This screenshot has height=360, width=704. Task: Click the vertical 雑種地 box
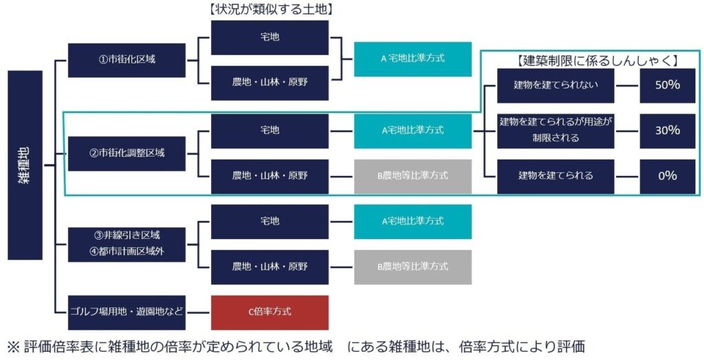(x=25, y=165)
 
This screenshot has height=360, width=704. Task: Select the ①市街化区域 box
(x=126, y=60)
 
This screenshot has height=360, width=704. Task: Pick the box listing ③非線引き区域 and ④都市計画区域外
(x=126, y=243)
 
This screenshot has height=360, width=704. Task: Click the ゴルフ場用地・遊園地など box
(x=126, y=312)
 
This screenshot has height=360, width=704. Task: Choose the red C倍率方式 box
(x=269, y=312)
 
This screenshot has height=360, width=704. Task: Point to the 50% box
(x=668, y=85)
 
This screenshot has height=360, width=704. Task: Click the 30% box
(x=668, y=131)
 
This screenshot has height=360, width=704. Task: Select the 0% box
(x=668, y=176)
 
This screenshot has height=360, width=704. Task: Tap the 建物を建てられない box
(x=555, y=85)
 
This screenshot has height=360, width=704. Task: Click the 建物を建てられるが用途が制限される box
(x=555, y=130)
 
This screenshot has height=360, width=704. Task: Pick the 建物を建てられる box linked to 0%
(x=555, y=176)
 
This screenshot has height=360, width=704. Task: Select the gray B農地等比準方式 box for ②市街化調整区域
(x=412, y=176)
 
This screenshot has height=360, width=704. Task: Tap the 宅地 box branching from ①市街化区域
(x=269, y=37)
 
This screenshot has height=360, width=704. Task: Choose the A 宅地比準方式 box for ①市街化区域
(x=412, y=59)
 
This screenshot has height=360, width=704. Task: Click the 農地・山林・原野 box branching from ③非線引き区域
(x=269, y=267)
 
